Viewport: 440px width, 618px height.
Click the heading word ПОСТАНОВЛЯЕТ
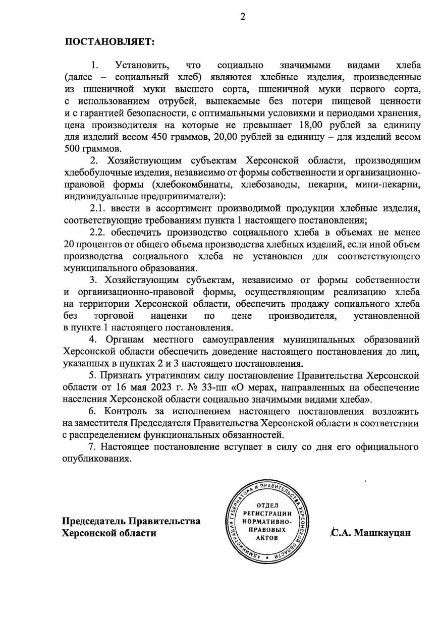tap(109, 41)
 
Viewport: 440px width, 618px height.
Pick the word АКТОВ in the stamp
tap(267, 538)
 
